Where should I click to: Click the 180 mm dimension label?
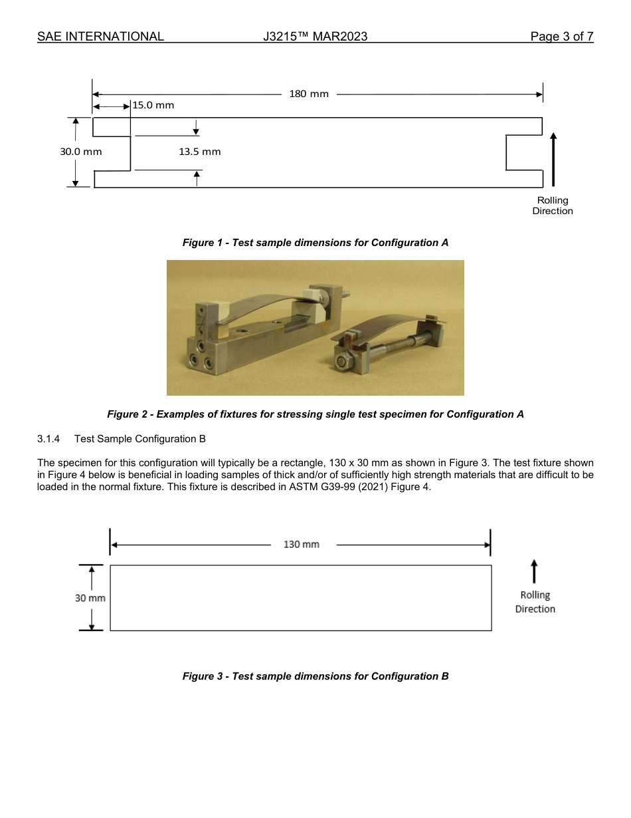pos(309,94)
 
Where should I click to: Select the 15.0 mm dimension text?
pos(153,106)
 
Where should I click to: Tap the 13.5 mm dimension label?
pos(199,152)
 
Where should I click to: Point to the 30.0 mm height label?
pos(81,152)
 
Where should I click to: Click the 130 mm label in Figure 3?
pos(301,545)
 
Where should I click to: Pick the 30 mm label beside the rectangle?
pos(90,598)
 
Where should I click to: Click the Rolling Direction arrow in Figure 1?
pos(553,159)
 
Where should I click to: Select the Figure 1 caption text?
pos(315,243)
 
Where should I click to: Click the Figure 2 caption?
pos(315,414)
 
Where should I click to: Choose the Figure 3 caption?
pos(315,676)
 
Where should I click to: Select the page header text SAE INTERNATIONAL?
pos(100,37)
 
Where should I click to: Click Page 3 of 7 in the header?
pos(561,37)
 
